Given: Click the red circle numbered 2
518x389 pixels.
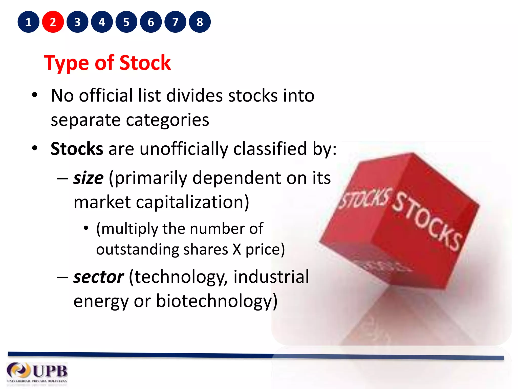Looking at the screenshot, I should coord(53,22).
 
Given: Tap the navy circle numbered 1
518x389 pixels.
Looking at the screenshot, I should coord(28,22).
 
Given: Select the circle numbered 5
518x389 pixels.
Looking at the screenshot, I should coord(126,22).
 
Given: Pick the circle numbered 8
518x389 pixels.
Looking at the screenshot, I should coord(200,22).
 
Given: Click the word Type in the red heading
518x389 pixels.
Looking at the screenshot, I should coord(66,63).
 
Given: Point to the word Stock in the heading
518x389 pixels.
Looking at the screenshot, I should coord(145,63).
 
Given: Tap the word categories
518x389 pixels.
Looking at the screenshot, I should coord(167,120).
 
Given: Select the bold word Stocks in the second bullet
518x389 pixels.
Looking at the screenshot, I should coord(77,149).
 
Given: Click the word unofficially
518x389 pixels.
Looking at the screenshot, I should coord(184,149).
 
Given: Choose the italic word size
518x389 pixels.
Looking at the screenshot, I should coord(88,178).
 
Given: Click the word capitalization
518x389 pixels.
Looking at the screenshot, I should coord(193,202).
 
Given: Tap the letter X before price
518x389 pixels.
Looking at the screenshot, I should coord(237,249).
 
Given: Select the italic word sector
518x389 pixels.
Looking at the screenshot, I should coord(99,277).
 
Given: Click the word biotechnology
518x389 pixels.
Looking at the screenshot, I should coord(217,301).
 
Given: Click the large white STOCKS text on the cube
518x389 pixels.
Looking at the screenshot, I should coord(427,220).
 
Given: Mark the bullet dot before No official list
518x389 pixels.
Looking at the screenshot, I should coord(35,95).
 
